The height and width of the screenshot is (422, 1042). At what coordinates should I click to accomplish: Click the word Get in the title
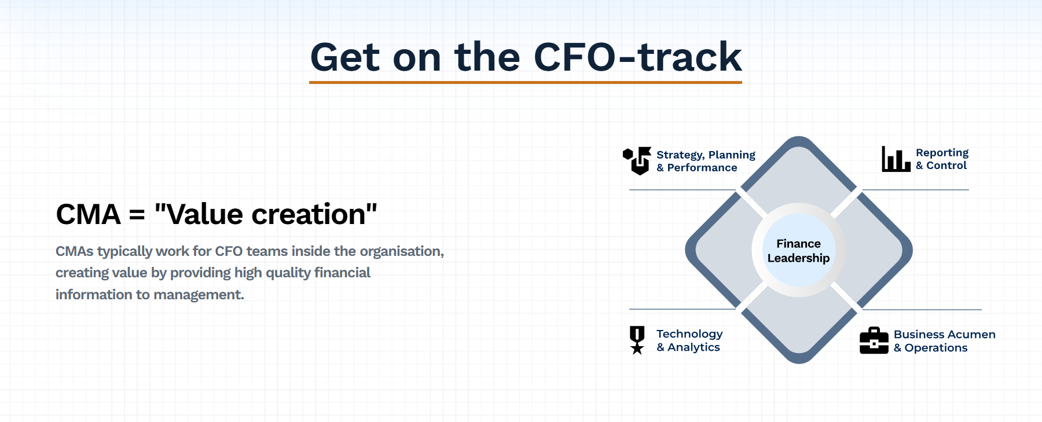click(x=345, y=57)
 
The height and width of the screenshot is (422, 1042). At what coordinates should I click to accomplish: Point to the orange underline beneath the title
click(x=526, y=82)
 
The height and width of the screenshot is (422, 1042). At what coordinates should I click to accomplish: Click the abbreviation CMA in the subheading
click(x=89, y=214)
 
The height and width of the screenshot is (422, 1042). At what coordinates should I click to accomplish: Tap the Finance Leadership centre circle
click(x=799, y=251)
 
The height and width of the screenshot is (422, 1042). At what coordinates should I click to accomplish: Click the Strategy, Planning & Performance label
click(x=706, y=161)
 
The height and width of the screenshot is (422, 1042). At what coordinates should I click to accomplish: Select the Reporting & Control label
click(x=942, y=159)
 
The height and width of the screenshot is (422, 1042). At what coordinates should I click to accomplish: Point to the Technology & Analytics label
click(x=689, y=340)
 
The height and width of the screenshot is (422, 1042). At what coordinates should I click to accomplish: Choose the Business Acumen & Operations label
click(x=944, y=341)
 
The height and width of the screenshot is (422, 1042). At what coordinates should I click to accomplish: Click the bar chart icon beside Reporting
click(x=896, y=159)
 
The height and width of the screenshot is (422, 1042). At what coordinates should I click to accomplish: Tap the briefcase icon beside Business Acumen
click(x=874, y=340)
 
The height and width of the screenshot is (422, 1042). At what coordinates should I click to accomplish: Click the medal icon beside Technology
click(x=637, y=340)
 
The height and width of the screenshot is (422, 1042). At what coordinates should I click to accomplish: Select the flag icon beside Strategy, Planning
click(x=637, y=160)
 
